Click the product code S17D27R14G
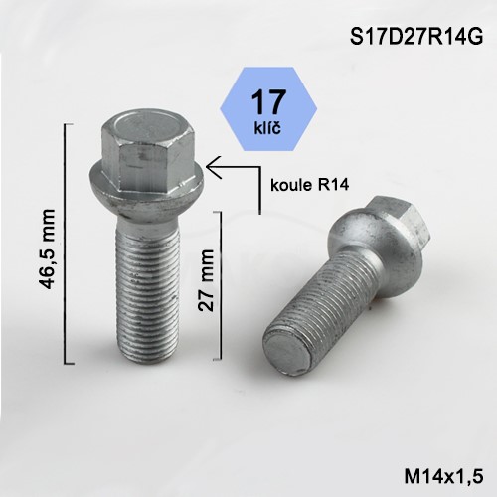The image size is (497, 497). [416, 37]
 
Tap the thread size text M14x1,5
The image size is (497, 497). [443, 477]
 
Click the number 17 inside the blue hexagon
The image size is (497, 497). [268, 102]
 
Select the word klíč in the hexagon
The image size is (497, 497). [267, 128]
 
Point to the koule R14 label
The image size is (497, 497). [309, 185]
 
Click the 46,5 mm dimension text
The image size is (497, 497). [46, 248]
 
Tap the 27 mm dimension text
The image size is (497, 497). [206, 280]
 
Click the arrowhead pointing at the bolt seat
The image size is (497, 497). [214, 167]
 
